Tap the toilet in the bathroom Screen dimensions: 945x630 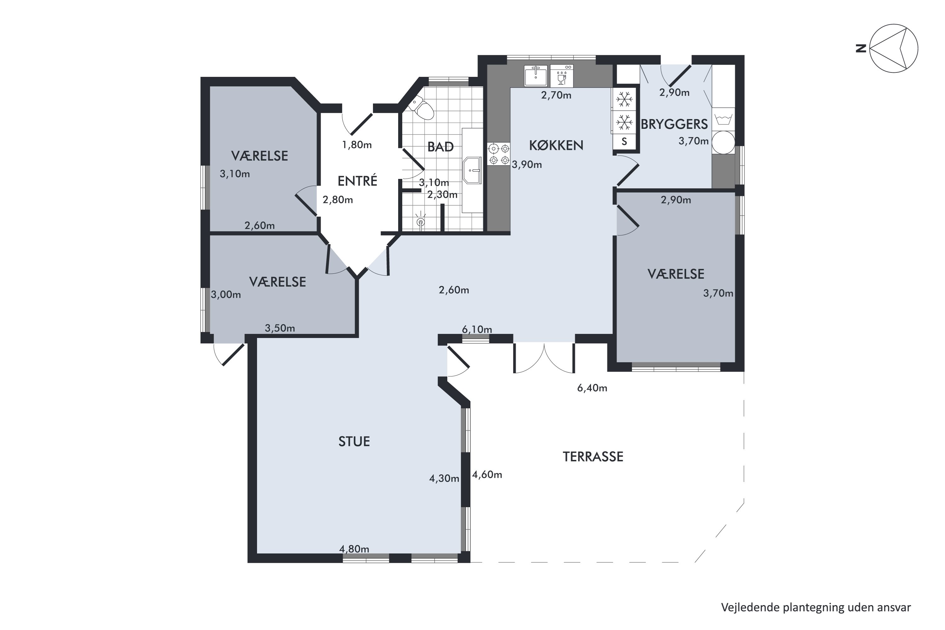coord(422,107)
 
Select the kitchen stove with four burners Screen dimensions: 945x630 coord(499,154)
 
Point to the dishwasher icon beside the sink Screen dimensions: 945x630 coord(562,76)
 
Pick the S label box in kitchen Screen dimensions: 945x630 coord(624,141)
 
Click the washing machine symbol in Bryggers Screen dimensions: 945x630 coord(723,119)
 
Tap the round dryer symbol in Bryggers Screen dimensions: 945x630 coord(723,143)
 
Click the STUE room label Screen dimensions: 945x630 coord(354,442)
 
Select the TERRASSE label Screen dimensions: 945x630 coord(593,457)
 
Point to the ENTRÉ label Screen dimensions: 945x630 coord(357,181)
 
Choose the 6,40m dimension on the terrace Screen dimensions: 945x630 coord(592,388)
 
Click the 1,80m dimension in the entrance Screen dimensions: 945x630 coord(357,145)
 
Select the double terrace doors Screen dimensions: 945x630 coord(544,358)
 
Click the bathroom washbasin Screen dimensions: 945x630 coord(472,170)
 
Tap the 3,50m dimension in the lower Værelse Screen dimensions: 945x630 coord(280,328)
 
